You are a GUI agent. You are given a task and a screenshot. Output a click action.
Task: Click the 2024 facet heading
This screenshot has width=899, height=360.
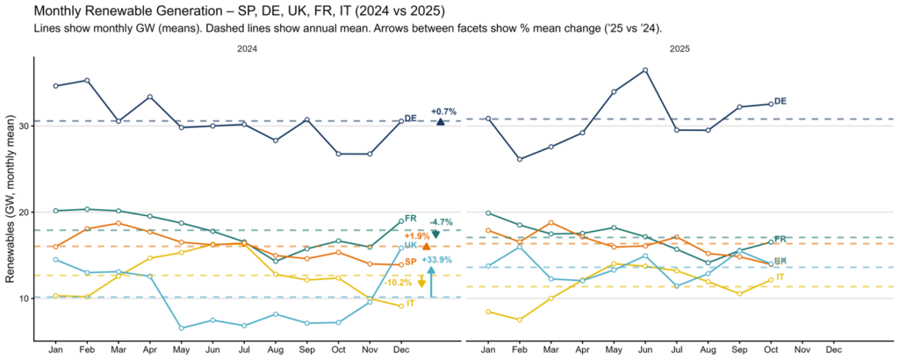(x=248, y=49)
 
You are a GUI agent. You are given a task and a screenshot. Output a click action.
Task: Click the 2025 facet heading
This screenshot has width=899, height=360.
(x=680, y=49)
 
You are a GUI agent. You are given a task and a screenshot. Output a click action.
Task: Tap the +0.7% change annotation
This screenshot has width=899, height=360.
(x=443, y=112)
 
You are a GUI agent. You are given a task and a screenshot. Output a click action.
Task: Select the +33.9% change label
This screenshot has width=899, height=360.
(x=436, y=260)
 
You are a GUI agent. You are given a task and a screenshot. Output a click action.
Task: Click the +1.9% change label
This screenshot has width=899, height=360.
(x=416, y=236)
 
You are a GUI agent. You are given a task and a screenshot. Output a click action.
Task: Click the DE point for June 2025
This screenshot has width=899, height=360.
(x=645, y=70)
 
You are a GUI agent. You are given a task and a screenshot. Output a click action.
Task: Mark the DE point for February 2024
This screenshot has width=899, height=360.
(x=86, y=80)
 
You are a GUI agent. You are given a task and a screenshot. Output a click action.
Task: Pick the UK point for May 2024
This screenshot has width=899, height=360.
(x=181, y=328)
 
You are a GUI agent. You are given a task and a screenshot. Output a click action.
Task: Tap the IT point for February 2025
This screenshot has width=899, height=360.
(x=520, y=320)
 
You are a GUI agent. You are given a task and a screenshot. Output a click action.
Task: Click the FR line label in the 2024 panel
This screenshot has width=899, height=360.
(x=411, y=218)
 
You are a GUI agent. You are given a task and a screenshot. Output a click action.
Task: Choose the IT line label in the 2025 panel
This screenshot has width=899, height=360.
(x=780, y=277)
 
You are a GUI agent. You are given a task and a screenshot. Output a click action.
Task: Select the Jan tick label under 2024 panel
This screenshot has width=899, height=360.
(x=55, y=349)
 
